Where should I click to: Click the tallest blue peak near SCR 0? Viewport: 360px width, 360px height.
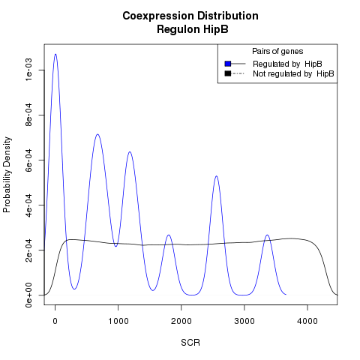pyautogui.click(x=55, y=54)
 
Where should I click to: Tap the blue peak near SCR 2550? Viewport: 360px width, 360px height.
pyautogui.click(x=216, y=176)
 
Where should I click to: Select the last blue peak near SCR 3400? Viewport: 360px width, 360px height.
pyautogui.click(x=268, y=235)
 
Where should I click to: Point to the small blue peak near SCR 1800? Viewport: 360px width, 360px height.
pyautogui.click(x=169, y=235)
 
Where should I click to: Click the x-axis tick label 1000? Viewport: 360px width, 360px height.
pyautogui.click(x=118, y=321)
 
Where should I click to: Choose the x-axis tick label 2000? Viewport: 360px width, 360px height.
pyautogui.click(x=181, y=321)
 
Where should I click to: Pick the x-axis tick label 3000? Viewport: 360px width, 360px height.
pyautogui.click(x=244, y=321)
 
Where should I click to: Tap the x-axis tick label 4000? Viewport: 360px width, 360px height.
pyautogui.click(x=307, y=321)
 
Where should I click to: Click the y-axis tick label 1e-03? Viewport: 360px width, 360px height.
pyautogui.click(x=28, y=70)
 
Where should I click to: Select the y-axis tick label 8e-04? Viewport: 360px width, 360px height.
pyautogui.click(x=28, y=115)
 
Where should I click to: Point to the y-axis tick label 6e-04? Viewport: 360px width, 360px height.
pyautogui.click(x=28, y=160)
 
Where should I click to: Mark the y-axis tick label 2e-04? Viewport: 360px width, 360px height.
pyautogui.click(x=28, y=250)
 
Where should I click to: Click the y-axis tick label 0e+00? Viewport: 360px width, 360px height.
pyautogui.click(x=28, y=295)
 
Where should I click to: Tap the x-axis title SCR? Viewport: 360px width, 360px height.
pyautogui.click(x=190, y=343)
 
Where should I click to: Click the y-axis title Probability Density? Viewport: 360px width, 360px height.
pyautogui.click(x=7, y=175)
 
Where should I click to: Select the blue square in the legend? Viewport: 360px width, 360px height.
pyautogui.click(x=228, y=64)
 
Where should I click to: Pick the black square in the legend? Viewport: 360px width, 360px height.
pyautogui.click(x=228, y=73)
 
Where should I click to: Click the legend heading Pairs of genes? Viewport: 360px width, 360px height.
pyautogui.click(x=277, y=52)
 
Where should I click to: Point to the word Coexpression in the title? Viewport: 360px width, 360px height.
pyautogui.click(x=158, y=16)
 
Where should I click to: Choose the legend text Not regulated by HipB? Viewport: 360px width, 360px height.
pyautogui.click(x=293, y=74)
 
